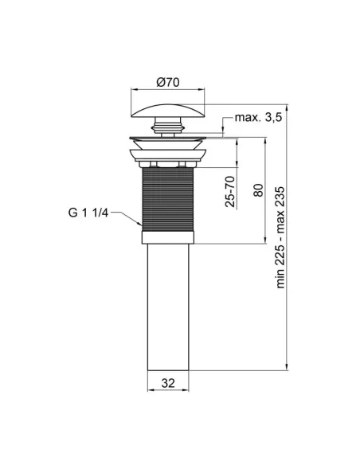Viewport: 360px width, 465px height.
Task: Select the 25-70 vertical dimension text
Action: [x=230, y=192]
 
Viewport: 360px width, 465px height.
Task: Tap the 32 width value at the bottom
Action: [x=168, y=383]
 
